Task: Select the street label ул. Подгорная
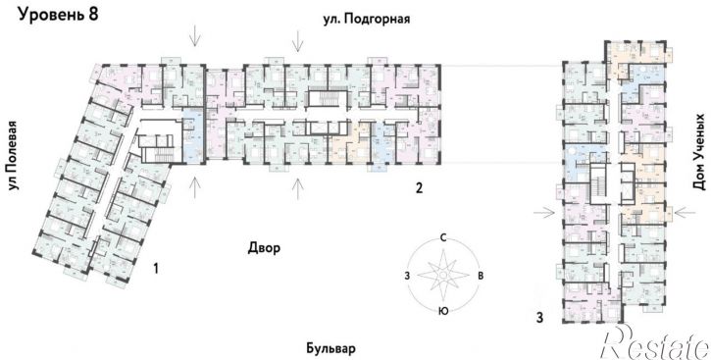pyautogui.click(x=367, y=18)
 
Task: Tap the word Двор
pyautogui.click(x=264, y=249)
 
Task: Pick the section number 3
pyautogui.click(x=538, y=316)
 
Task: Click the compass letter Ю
pyautogui.click(x=443, y=311)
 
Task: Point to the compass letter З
pyautogui.click(x=406, y=276)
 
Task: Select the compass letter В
pyautogui.click(x=481, y=276)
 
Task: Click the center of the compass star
pyautogui.click(x=443, y=275)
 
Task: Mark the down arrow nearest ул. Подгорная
pyautogui.click(x=297, y=41)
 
